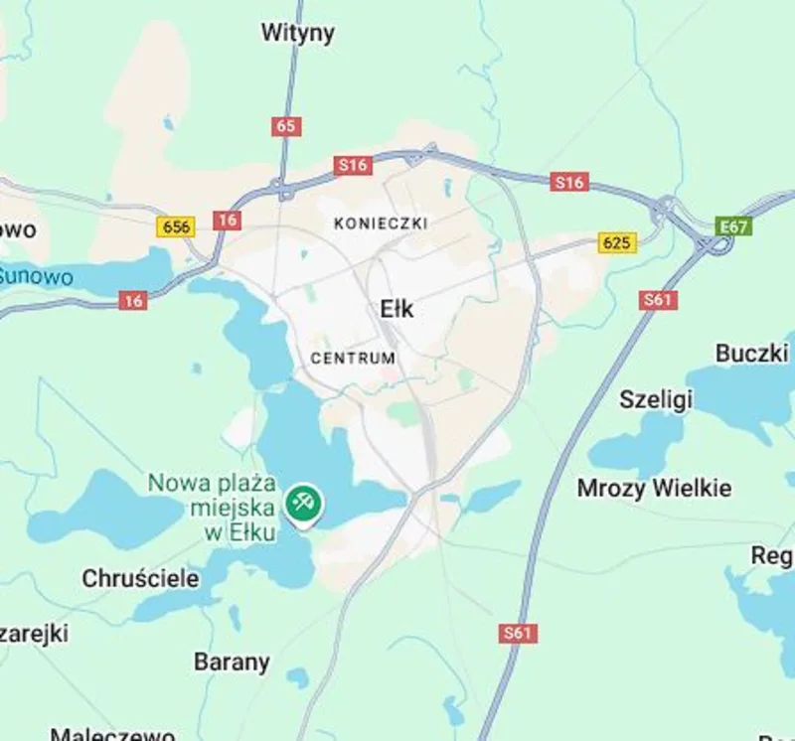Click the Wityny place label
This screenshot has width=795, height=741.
(x=297, y=33)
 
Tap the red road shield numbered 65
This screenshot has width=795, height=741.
(x=286, y=126)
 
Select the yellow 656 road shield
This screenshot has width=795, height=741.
(x=176, y=226)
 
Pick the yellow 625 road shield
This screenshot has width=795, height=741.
(x=617, y=242)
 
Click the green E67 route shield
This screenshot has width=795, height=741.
(x=734, y=226)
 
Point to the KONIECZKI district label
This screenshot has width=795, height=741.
(x=381, y=223)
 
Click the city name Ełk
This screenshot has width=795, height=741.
(x=397, y=309)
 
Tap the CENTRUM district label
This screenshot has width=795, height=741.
(x=353, y=358)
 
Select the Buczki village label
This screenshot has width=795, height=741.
(x=751, y=353)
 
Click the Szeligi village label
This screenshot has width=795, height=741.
(x=655, y=399)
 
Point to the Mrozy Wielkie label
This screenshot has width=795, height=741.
(x=654, y=488)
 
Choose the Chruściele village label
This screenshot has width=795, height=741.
(x=140, y=577)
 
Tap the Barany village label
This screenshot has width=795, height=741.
(x=232, y=662)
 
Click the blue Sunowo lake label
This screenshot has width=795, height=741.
(x=36, y=275)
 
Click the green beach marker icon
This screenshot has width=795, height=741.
(x=301, y=502)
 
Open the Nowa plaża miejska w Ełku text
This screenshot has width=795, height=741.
(x=212, y=507)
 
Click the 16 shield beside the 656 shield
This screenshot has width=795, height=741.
(x=227, y=221)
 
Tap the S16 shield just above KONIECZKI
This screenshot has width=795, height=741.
(x=353, y=165)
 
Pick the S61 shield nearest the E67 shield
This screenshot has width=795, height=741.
(x=657, y=299)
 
